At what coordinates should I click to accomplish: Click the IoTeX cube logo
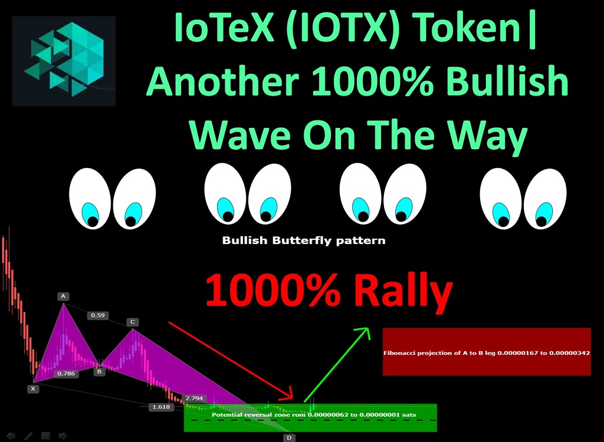(x=64, y=61)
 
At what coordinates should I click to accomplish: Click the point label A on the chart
(x=63, y=296)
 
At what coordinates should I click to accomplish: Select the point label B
(x=99, y=371)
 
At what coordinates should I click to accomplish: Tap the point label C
(x=133, y=322)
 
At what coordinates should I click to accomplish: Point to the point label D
(x=289, y=438)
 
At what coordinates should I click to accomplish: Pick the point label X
(x=33, y=388)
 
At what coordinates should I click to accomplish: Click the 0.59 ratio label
(x=98, y=315)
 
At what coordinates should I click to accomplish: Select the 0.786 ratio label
(x=66, y=374)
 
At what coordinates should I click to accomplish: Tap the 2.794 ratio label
(x=194, y=398)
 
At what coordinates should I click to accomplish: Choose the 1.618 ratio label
(x=161, y=407)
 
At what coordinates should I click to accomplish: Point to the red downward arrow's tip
(x=293, y=397)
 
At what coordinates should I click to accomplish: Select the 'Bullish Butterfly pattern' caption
(x=304, y=240)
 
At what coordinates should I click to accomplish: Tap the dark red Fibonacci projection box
(x=487, y=351)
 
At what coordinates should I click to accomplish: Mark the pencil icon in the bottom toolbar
(x=28, y=436)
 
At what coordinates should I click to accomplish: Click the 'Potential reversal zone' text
(x=314, y=415)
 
